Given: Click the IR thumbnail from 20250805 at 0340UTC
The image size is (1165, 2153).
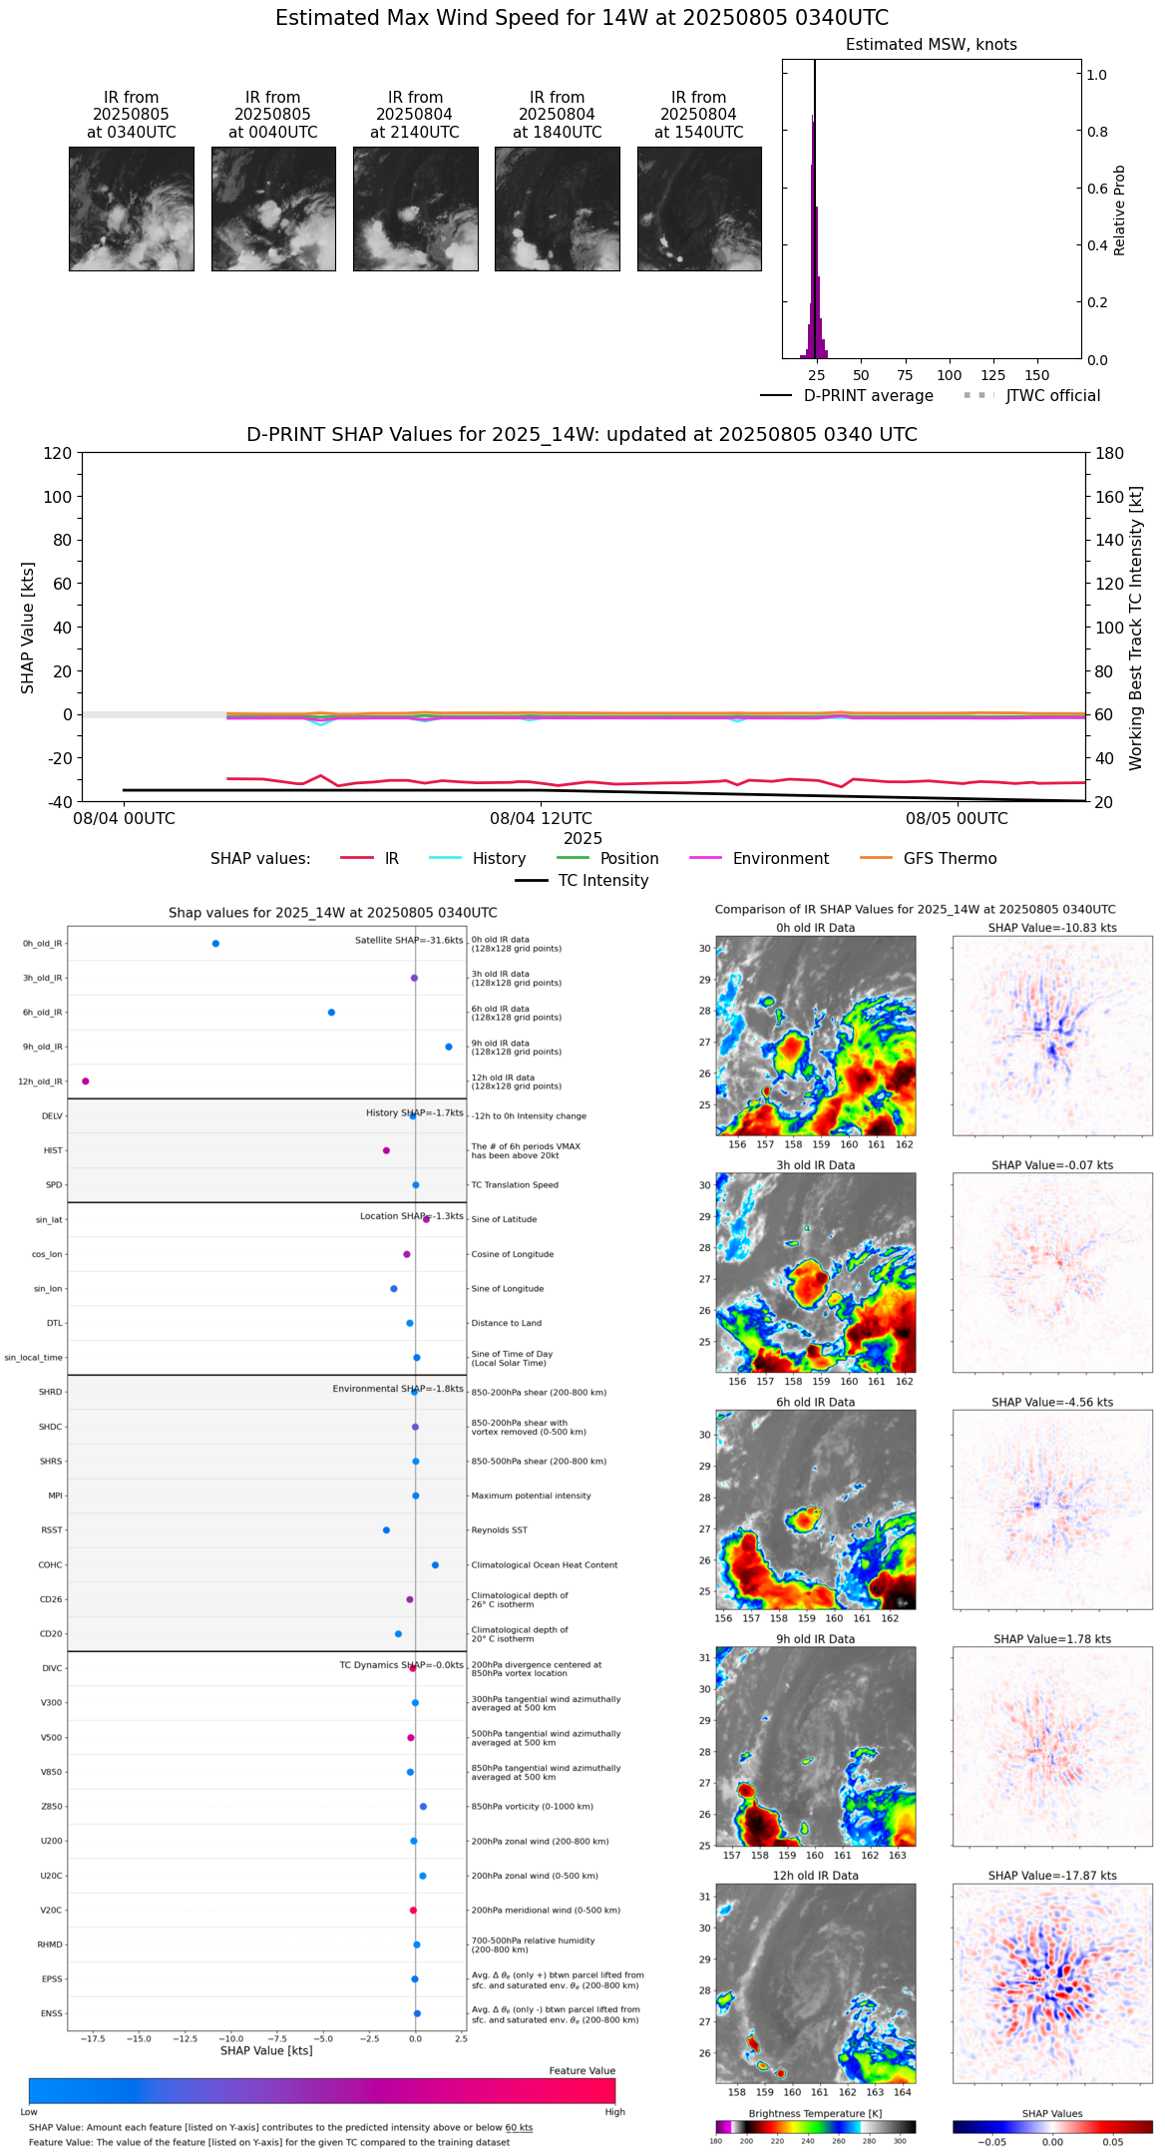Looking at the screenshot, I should coord(131,209).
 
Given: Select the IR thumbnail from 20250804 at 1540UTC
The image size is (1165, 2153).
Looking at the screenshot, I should coord(699,209).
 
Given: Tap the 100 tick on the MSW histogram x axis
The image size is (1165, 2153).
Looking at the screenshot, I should coord(949,376).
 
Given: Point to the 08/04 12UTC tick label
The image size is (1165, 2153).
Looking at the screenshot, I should coord(540,819).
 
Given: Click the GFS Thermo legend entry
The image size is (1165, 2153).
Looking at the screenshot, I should coord(949,859).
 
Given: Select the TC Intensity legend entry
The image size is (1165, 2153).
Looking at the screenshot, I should coord(602,881).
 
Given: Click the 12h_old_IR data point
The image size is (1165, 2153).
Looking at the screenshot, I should coord(86,1081).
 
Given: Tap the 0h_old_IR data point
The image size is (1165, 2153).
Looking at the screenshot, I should coord(215,944).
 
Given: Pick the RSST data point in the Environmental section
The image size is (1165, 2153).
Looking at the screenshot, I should coord(386,1530).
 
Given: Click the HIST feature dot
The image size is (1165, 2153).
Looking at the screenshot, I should coord(386,1151).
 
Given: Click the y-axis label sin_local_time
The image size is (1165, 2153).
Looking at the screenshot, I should coord(34,1358).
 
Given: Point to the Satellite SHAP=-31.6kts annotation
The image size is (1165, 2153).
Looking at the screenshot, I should coord(409,941).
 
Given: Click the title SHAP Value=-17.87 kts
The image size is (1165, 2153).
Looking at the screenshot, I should coord(1051,1876).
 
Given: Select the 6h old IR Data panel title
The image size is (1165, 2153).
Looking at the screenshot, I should coord(815,1402).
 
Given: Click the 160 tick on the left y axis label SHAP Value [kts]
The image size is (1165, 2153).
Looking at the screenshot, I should coord(1109,497).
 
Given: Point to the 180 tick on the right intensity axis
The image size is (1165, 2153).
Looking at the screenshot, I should coord(1109,453).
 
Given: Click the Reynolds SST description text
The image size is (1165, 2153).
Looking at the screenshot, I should coord(499,1530).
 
